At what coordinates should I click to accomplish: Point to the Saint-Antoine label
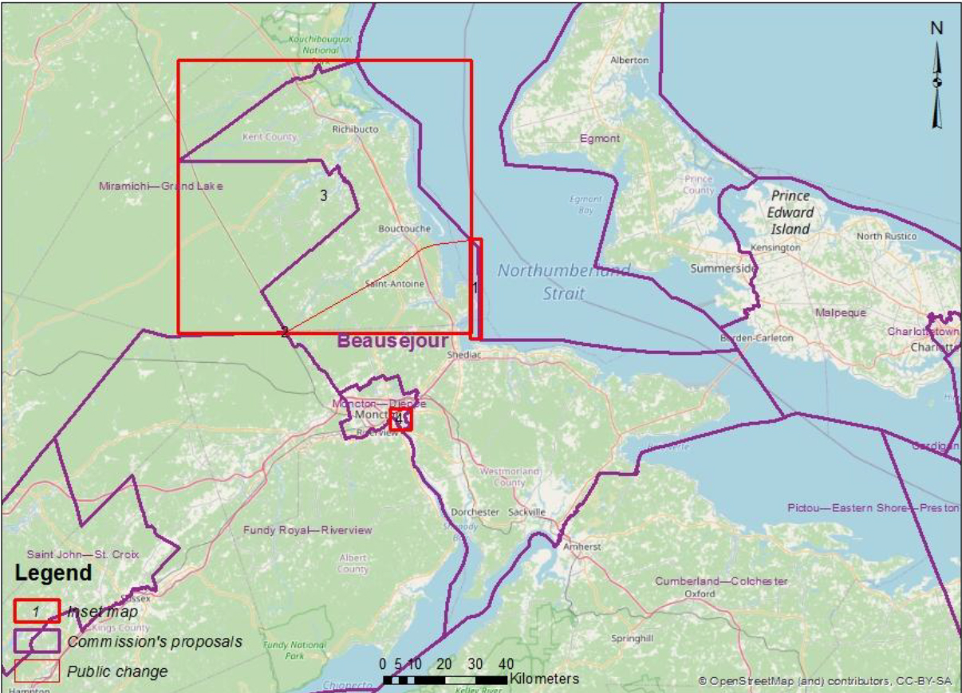[394, 284]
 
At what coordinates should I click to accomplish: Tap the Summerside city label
[722, 268]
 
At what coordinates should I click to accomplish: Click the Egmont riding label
[600, 139]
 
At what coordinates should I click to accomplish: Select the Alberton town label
[629, 61]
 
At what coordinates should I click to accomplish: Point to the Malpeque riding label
[841, 313]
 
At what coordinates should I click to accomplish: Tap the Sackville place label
[526, 512]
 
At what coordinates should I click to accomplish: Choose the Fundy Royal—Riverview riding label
[307, 530]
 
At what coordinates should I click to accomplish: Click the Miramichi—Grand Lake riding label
[160, 186]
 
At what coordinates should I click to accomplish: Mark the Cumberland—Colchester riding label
[721, 581]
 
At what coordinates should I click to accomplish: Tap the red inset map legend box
[37, 611]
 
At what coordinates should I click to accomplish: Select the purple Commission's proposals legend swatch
[37, 641]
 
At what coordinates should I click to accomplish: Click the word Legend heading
[53, 573]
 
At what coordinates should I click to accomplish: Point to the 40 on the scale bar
[506, 663]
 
